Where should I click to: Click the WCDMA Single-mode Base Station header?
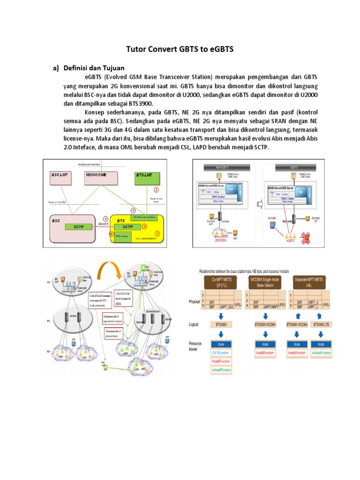point(264,283)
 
